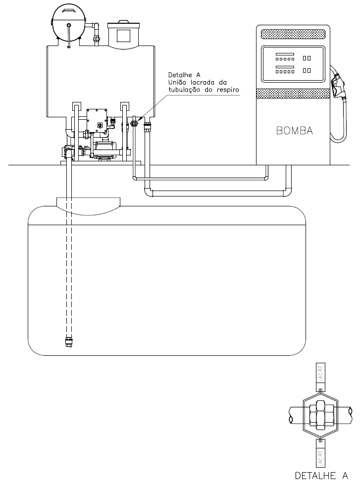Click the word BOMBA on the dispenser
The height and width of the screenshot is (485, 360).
click(294, 131)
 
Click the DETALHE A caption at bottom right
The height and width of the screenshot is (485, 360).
click(321, 476)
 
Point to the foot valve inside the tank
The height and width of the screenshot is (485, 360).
click(69, 342)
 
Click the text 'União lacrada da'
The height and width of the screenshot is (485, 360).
click(198, 83)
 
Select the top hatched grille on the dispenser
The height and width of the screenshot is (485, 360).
click(293, 34)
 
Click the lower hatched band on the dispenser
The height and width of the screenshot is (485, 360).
click(293, 94)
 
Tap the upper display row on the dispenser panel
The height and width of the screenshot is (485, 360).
click(293, 57)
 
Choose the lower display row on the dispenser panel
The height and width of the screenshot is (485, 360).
click(293, 70)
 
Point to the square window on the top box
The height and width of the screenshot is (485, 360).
click(123, 35)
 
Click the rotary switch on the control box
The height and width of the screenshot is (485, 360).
click(100, 125)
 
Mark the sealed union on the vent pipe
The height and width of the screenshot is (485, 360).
click(134, 123)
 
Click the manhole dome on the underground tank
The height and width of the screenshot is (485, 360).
click(88, 206)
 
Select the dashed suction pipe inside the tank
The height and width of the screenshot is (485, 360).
click(69, 266)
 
